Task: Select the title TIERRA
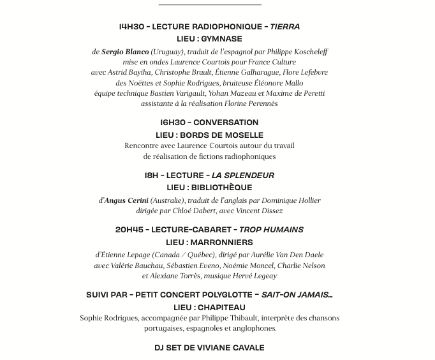285,27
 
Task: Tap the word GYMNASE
222,39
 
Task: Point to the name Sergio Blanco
125,52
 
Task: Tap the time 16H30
172,123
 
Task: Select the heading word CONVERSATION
226,123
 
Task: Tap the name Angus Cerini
126,200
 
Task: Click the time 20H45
129,230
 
